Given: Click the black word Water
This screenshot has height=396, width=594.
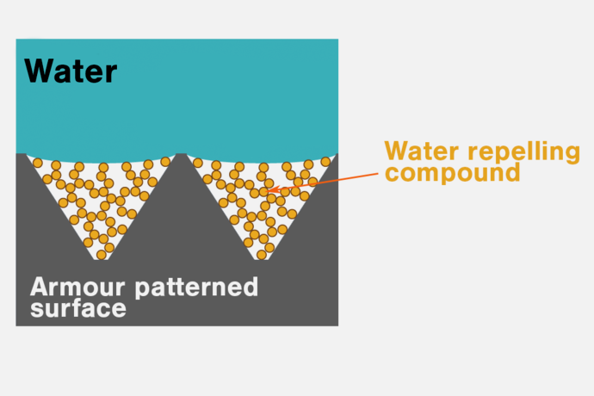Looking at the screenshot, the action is (x=71, y=71).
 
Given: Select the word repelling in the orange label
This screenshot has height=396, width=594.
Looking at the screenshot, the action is (x=524, y=152).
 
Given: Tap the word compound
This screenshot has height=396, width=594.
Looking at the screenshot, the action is (x=452, y=173).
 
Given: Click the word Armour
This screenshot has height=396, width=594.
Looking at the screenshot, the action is (x=77, y=287).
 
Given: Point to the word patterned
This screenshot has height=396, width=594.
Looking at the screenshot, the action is (x=196, y=288).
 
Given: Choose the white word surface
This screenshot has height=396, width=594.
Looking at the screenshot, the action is (x=78, y=309).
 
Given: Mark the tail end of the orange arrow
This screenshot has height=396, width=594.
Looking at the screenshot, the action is (x=378, y=174).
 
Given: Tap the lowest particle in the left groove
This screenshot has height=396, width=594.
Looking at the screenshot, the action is (x=102, y=255).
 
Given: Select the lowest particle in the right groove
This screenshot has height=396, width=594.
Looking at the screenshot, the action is (x=262, y=255).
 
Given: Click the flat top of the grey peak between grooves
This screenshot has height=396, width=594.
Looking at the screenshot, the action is (x=181, y=155).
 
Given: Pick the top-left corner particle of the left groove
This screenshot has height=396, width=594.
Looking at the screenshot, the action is (x=38, y=163).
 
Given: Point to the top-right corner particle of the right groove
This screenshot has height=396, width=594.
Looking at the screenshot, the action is (x=325, y=162).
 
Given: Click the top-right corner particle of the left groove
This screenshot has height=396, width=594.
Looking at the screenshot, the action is (x=165, y=162).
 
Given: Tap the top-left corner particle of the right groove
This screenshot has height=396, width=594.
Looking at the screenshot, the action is (x=198, y=163).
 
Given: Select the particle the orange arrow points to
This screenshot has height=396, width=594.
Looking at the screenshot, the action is (x=263, y=192).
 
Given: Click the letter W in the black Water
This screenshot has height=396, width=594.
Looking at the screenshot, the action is (x=39, y=71).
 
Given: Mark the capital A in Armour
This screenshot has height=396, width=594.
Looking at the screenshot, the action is (x=39, y=287).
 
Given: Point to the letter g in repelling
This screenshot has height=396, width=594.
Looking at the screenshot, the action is (x=572, y=155).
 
